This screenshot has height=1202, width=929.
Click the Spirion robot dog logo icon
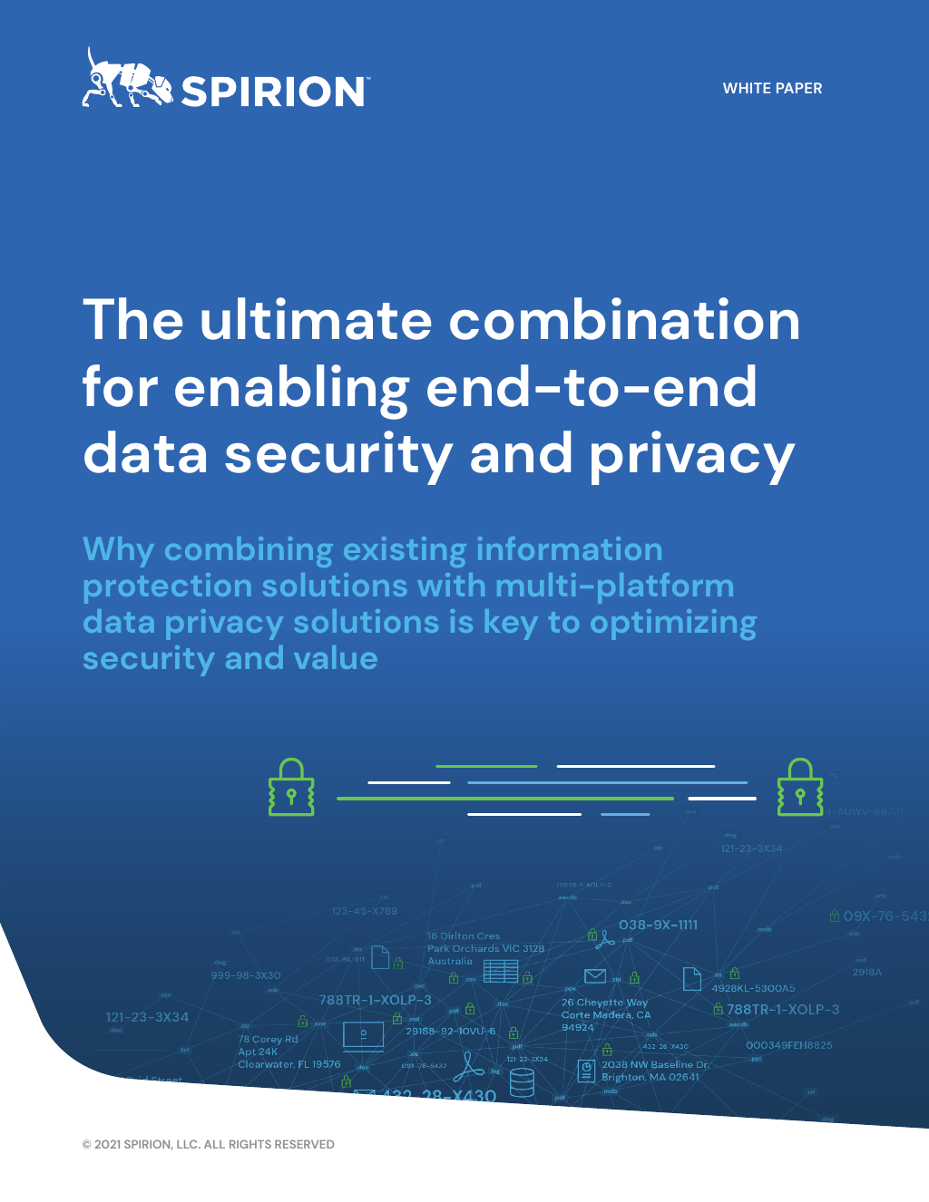tap(126, 80)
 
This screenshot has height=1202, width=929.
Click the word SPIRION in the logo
tap(273, 92)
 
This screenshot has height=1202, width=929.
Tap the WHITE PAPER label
tap(772, 89)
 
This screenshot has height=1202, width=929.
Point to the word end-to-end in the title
tap(592, 388)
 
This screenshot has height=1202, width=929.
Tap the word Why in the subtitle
tap(118, 550)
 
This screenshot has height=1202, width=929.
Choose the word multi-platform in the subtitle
tap(614, 586)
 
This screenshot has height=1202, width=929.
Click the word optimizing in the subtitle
tap(672, 624)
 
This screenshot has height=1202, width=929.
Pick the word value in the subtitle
tap(333, 659)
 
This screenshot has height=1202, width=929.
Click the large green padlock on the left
tap(291, 788)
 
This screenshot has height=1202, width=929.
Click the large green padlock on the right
tap(800, 788)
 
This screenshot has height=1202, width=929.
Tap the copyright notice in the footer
tap(208, 1145)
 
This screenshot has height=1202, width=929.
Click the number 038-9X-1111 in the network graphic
tap(658, 926)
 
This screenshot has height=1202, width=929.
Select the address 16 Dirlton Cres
tap(464, 936)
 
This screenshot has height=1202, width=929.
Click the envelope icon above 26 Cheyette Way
tap(595, 976)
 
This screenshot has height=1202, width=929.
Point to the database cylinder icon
tap(522, 1082)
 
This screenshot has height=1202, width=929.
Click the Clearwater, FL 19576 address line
tap(288, 1065)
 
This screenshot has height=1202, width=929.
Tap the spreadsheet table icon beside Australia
tap(501, 971)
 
